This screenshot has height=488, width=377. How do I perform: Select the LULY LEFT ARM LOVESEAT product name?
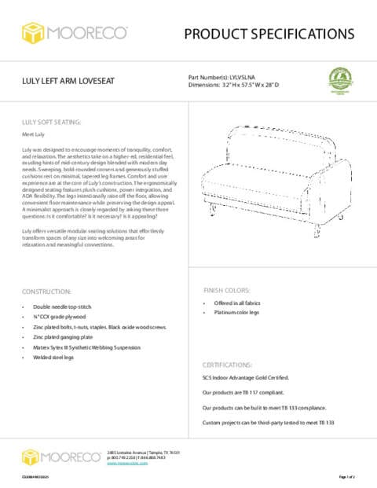click(69, 83)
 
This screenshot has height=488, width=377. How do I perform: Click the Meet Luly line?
click(32, 135)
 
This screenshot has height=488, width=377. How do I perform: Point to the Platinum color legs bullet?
click(238, 313)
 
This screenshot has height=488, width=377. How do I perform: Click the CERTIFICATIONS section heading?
click(228, 365)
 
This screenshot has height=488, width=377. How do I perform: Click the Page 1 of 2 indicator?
click(346, 477)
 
